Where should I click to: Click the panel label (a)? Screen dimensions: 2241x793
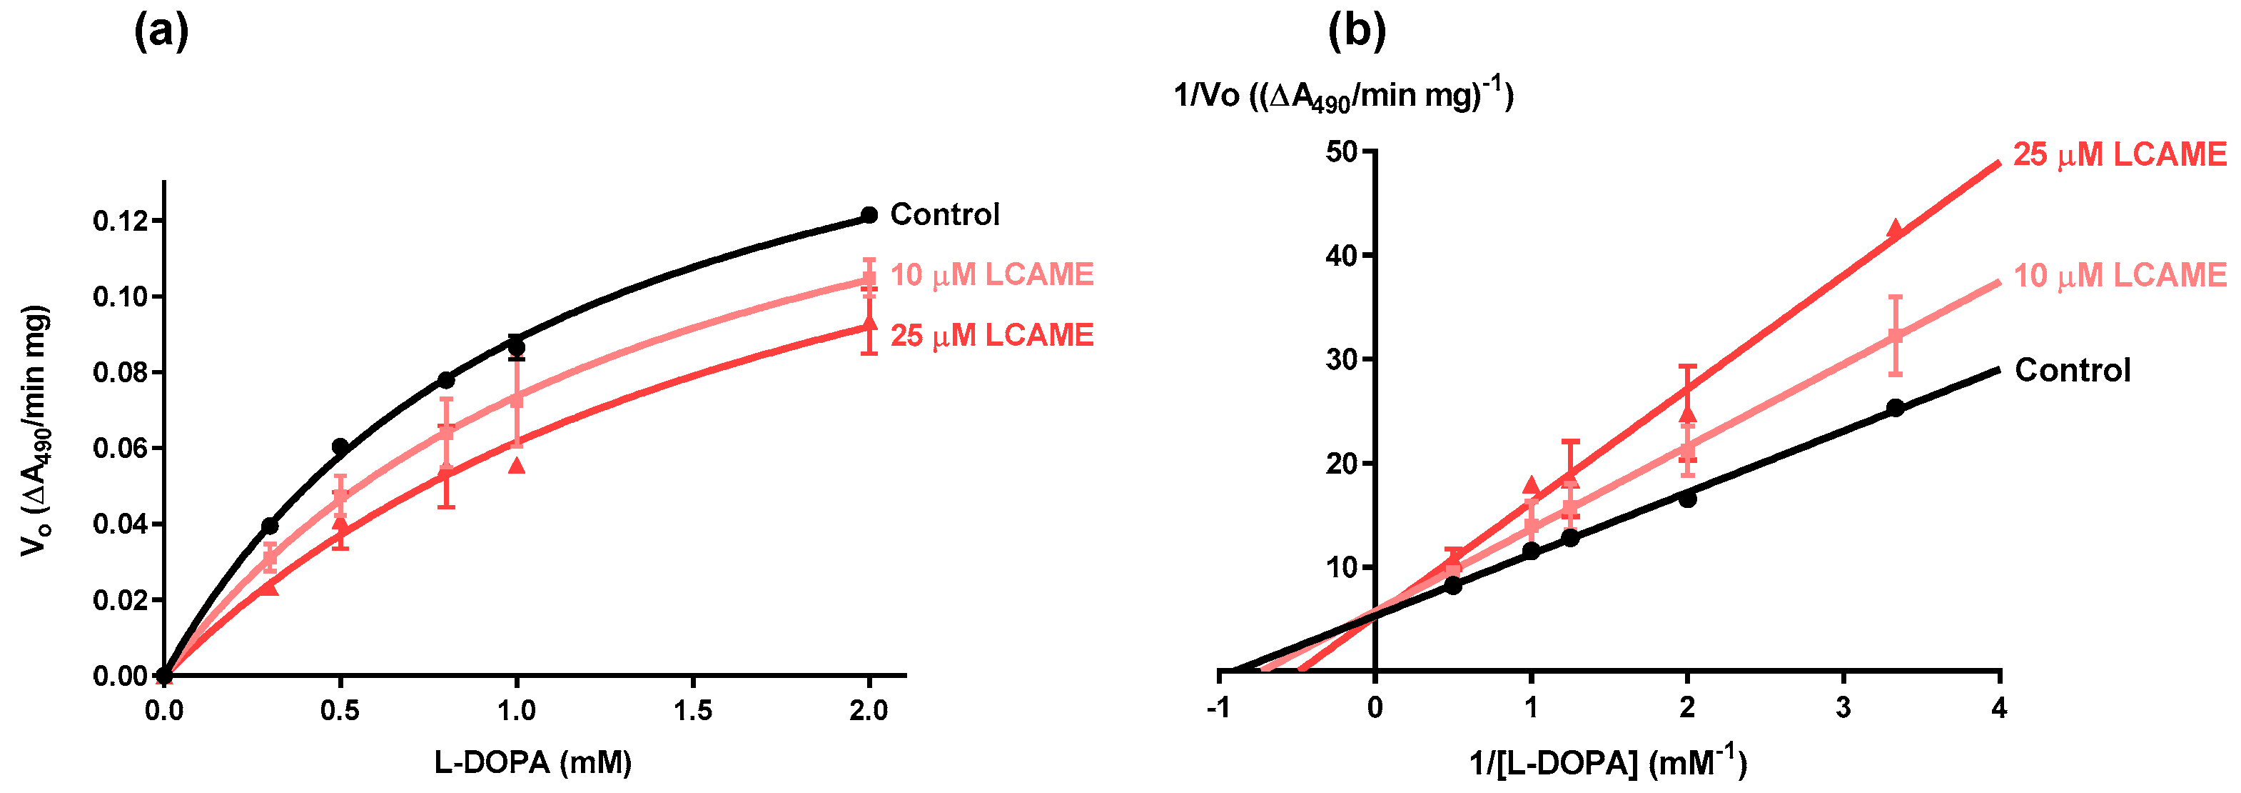point(161,33)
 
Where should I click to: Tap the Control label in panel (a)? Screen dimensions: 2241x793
point(945,214)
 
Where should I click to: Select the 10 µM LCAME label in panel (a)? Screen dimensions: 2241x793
point(992,275)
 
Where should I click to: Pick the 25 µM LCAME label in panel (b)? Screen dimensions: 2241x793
point(2120,155)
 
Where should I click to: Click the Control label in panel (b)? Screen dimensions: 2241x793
point(2073,370)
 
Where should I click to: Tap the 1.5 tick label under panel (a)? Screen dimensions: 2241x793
point(692,711)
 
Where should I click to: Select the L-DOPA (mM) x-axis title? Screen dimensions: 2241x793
point(532,762)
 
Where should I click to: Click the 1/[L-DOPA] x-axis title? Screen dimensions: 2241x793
point(1608,762)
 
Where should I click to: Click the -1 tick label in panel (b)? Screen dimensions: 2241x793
point(1218,709)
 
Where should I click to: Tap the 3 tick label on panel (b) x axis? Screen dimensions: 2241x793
point(1843,709)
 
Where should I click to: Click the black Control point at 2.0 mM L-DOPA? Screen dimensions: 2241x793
point(869,215)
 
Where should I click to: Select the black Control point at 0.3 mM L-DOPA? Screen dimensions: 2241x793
point(270,526)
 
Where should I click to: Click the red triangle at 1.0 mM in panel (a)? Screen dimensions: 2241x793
point(517,466)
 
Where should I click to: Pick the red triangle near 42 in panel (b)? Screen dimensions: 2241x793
point(1895,228)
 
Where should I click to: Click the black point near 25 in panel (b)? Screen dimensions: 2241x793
point(1895,407)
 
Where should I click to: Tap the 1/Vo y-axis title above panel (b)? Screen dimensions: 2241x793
point(1343,94)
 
